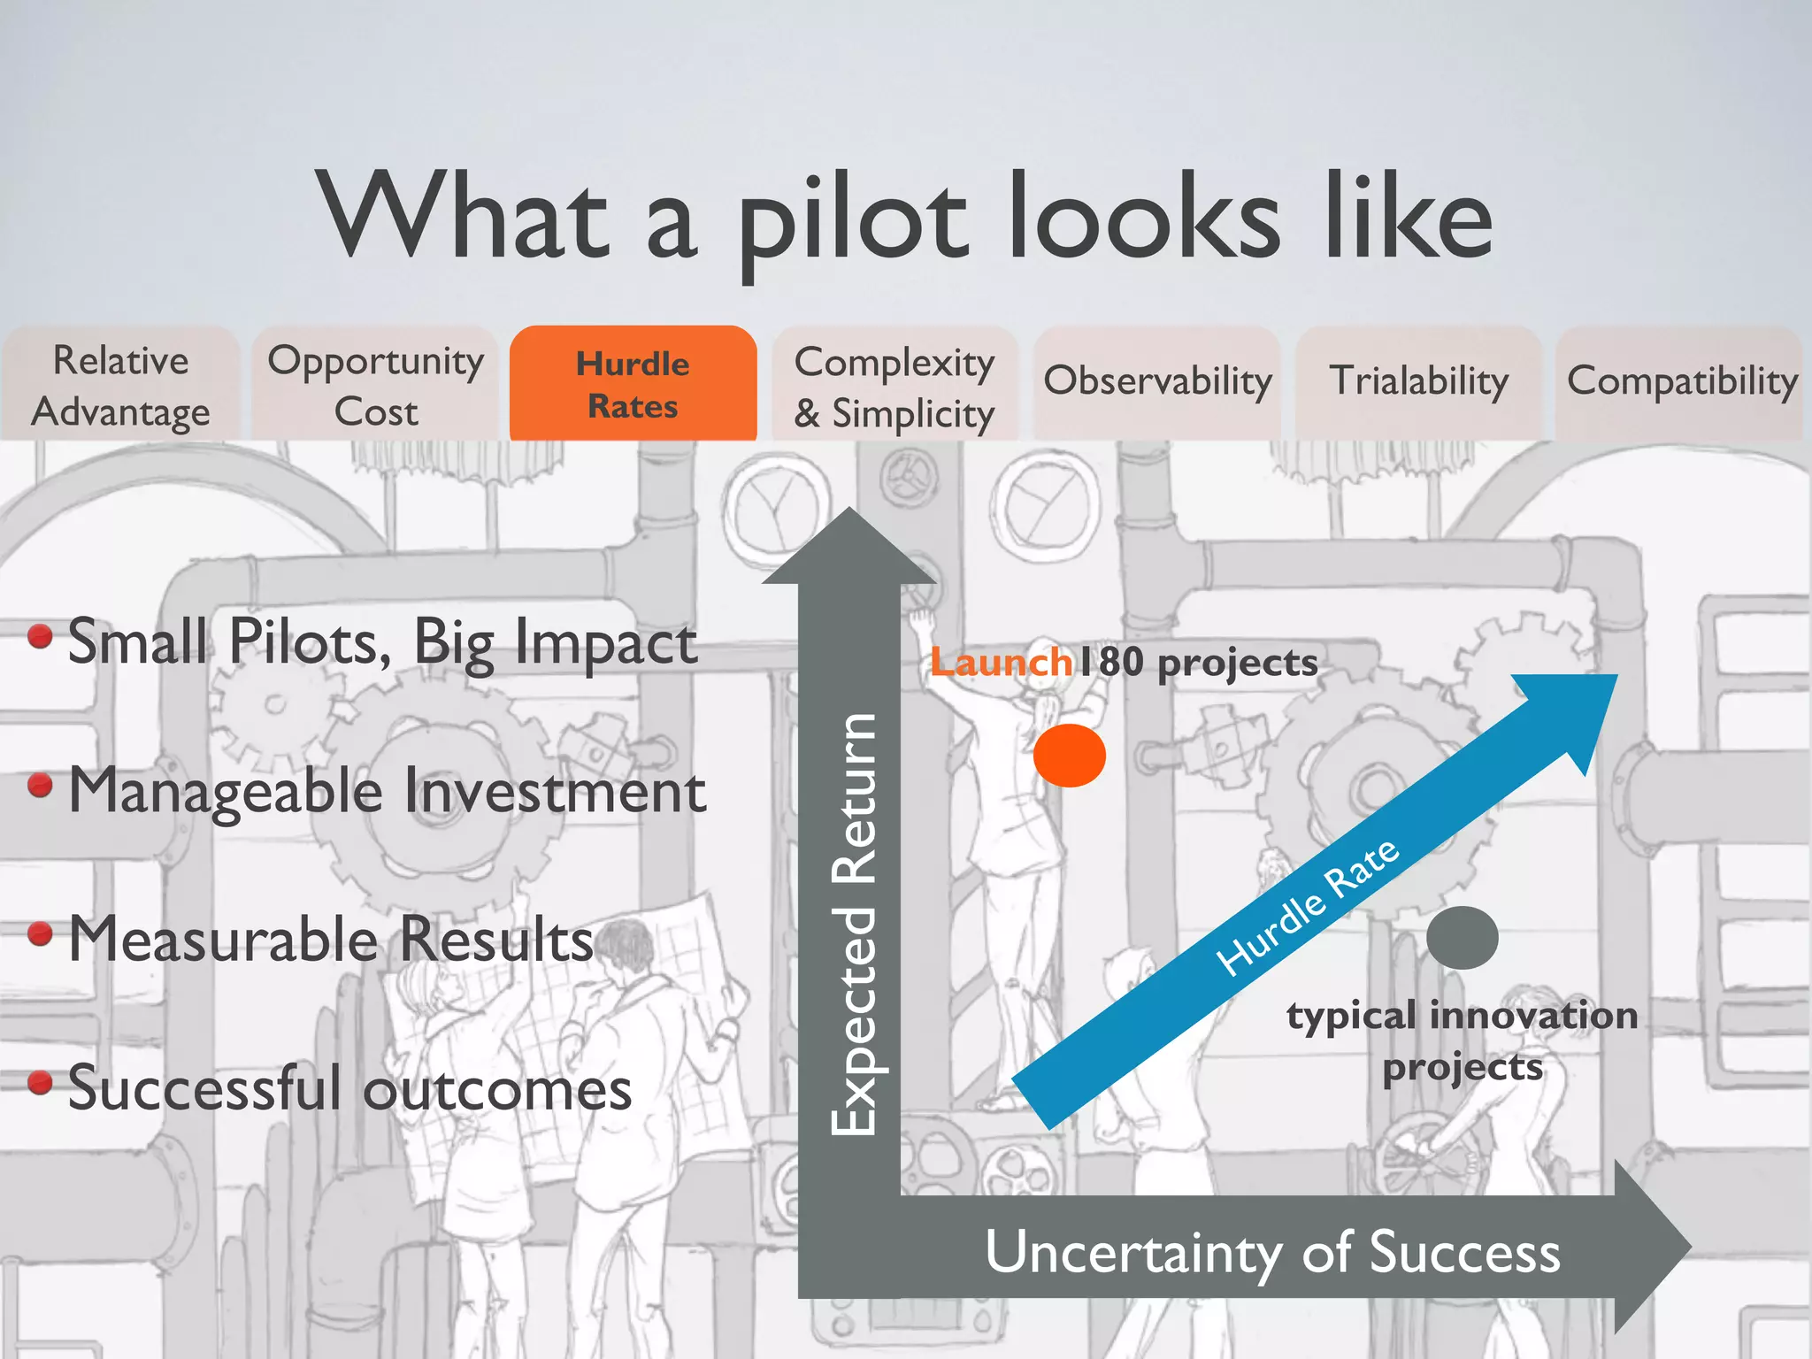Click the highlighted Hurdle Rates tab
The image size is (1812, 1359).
(633, 384)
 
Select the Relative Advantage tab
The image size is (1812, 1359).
(120, 386)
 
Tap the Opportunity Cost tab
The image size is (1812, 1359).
(376, 386)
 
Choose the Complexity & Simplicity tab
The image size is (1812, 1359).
(894, 387)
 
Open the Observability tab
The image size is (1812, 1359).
(1157, 381)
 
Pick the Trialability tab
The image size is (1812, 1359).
(1419, 381)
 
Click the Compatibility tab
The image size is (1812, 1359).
(1682, 381)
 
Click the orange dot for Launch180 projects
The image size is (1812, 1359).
(1070, 756)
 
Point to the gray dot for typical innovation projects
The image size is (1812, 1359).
(1462, 938)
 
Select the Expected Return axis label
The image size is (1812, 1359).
(854, 924)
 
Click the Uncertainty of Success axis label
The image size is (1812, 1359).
(1272, 1253)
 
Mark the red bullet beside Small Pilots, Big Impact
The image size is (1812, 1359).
(40, 636)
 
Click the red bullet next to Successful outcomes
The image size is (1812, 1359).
(40, 1082)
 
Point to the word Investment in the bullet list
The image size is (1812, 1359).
(556, 790)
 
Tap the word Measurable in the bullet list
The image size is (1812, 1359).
(226, 939)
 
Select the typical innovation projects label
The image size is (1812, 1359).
(1463, 1040)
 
